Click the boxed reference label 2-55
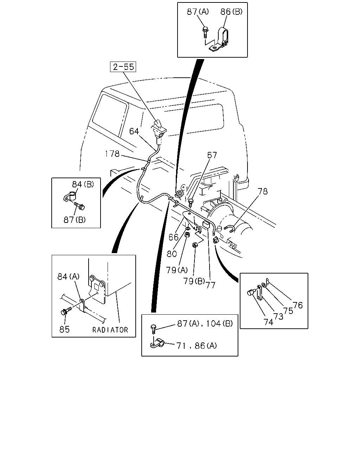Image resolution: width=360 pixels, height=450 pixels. pyautogui.click(x=123, y=67)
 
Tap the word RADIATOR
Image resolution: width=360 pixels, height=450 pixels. pyautogui.click(x=110, y=330)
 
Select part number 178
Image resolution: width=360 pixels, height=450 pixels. pyautogui.click(x=112, y=154)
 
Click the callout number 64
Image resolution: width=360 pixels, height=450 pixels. pyautogui.click(x=134, y=131)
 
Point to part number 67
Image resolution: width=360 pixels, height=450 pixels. pyautogui.click(x=212, y=155)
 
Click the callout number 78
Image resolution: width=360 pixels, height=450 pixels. pyautogui.click(x=263, y=191)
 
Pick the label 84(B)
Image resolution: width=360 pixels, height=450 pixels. pyautogui.click(x=83, y=184)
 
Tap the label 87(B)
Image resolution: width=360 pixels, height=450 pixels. pyautogui.click(x=75, y=220)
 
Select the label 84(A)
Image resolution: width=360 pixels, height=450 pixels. pyautogui.click(x=69, y=277)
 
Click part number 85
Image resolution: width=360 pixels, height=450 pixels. pyautogui.click(x=64, y=329)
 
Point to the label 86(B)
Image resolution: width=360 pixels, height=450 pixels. pyautogui.click(x=231, y=12)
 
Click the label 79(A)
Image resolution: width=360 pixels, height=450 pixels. pyautogui.click(x=177, y=270)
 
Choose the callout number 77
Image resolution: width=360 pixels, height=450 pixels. pyautogui.click(x=211, y=285)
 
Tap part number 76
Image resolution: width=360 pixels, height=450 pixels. pyautogui.click(x=298, y=305)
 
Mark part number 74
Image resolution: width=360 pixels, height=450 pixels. pyautogui.click(x=268, y=322)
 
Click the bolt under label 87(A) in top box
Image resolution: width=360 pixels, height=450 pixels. pyautogui.click(x=205, y=32)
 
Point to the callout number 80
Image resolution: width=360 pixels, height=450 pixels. pyautogui.click(x=172, y=254)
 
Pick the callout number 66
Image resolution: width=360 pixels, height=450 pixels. pyautogui.click(x=173, y=237)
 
